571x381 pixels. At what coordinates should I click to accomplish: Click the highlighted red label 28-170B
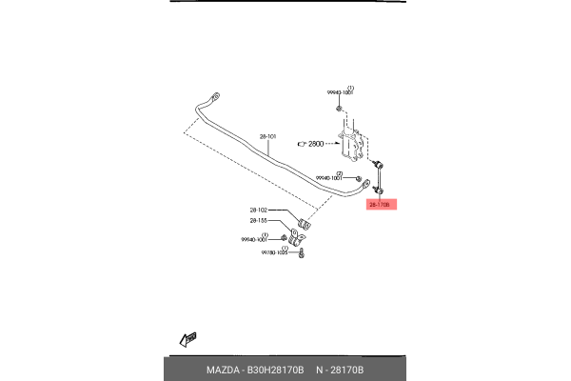(x=381, y=203)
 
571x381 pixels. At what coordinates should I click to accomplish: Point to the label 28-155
(x=259, y=221)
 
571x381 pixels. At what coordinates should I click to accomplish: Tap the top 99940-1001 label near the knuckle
(x=340, y=92)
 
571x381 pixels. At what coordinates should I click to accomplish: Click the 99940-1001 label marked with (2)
(x=330, y=178)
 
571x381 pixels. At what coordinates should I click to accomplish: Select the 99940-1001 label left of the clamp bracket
(x=256, y=240)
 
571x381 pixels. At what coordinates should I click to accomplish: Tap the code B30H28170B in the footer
(x=275, y=370)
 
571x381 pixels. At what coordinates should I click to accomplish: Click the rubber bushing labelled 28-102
(x=305, y=224)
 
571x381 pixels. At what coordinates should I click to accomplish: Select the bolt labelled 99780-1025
(x=301, y=254)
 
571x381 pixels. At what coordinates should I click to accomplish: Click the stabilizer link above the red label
(x=378, y=176)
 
